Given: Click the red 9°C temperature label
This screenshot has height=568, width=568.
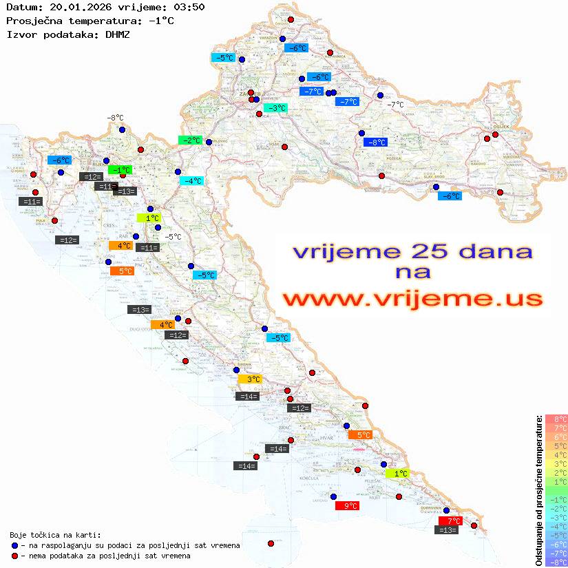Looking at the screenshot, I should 346,505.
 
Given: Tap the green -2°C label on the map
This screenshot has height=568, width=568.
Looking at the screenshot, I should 190,140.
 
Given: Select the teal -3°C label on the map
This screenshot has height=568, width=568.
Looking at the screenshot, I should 275,108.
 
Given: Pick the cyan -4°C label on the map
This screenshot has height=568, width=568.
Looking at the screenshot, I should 191,181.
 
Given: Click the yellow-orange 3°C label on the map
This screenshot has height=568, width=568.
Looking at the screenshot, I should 250,379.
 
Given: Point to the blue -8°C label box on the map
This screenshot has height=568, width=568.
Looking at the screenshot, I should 375,143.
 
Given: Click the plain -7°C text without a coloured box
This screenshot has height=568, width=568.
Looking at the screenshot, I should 395,105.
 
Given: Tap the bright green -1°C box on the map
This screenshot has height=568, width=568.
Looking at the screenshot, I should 120,169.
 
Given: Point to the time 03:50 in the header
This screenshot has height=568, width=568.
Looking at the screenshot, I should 189,7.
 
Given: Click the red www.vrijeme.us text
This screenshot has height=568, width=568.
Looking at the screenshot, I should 412,299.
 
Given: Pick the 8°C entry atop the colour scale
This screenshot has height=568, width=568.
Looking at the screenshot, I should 556,419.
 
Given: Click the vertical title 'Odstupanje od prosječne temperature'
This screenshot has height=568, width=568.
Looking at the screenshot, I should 539,490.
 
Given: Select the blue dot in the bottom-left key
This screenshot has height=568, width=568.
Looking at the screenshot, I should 14,545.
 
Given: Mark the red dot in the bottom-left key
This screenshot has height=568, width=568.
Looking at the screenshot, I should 14,556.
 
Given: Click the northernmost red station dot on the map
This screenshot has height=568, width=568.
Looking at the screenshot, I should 291,20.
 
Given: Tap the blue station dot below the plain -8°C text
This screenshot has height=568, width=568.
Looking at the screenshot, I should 122,129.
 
